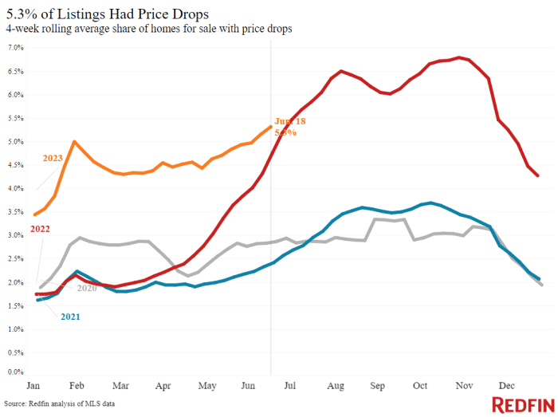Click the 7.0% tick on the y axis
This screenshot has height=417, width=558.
pos(16,48)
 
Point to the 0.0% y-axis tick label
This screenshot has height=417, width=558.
pos(16,372)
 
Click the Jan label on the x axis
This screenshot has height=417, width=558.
pos(33,385)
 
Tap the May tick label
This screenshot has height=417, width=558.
pos(206,385)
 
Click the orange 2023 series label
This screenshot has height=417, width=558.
pos(53,158)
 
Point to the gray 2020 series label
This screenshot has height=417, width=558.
pos(86,288)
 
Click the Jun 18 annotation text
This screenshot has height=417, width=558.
pos(290,121)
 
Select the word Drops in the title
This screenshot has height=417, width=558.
pos(188,14)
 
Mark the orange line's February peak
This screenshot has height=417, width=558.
pos(74,142)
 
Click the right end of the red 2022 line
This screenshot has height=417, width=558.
pos(538,175)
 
